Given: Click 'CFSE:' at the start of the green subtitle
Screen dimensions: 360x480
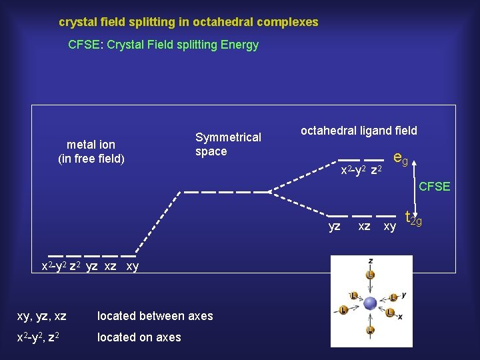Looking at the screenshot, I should click(84, 45).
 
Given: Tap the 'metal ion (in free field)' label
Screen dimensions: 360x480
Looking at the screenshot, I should click(91, 151).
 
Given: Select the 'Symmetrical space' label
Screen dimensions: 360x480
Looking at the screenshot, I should click(228, 144).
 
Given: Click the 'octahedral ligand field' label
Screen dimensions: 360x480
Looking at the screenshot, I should click(359, 131).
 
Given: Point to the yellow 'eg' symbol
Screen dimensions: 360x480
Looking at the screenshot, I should click(401, 159).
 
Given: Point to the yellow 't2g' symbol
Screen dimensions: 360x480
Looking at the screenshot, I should click(413, 218).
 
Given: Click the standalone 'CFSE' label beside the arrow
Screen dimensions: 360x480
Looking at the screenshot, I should click(434, 187).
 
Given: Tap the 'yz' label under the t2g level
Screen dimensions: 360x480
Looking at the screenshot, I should click(335, 227).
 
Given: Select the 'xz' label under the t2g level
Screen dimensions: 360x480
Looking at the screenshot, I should click(364, 227).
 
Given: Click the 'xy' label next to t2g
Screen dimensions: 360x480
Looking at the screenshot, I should click(389, 227).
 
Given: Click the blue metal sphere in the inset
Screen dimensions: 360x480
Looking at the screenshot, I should click(370, 303).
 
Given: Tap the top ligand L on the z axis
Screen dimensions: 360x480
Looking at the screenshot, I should click(370, 275).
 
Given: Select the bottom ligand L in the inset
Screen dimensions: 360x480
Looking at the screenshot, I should click(370, 329).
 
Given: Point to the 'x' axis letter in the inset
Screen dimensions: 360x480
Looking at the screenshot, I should click(400, 317).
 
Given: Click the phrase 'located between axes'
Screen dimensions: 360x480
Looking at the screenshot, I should click(155, 316).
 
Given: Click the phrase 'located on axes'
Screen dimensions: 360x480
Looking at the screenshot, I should click(139, 337).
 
